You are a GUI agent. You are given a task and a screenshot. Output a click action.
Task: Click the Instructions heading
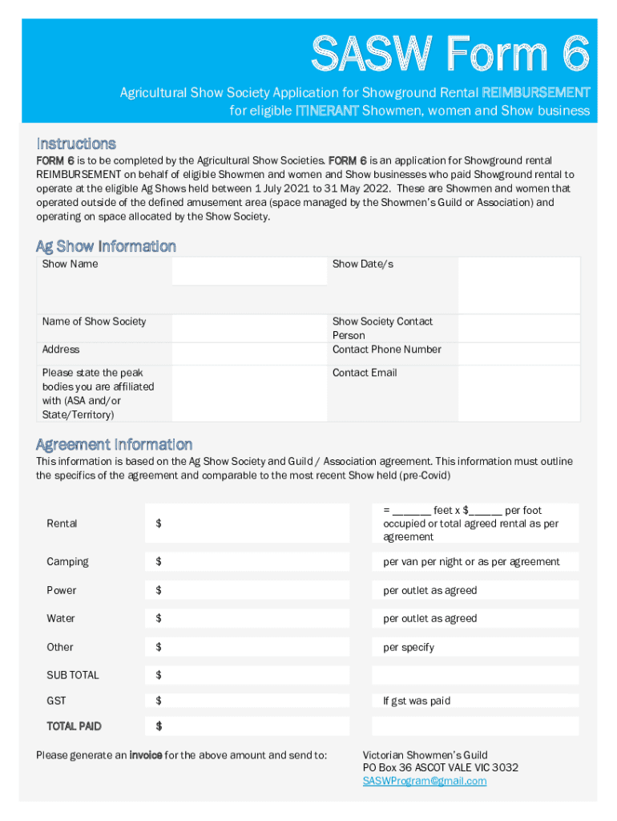pyautogui.click(x=76, y=144)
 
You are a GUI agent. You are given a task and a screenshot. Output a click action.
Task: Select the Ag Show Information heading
pyautogui.click(x=106, y=246)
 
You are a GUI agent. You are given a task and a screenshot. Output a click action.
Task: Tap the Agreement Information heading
pyautogui.click(x=114, y=444)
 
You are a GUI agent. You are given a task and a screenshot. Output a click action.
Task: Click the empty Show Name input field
pyautogui.click(x=249, y=271)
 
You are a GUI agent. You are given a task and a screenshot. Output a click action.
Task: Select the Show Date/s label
pyautogui.click(x=362, y=264)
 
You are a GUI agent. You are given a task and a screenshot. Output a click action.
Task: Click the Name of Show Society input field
pyautogui.click(x=249, y=327)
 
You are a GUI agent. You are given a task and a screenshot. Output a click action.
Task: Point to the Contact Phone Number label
pyautogui.click(x=386, y=350)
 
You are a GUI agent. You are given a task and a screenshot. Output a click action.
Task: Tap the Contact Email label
pyautogui.click(x=364, y=373)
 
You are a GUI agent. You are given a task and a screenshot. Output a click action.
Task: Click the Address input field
pyautogui.click(x=249, y=353)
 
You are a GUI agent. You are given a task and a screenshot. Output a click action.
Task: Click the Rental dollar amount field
pyautogui.click(x=248, y=524)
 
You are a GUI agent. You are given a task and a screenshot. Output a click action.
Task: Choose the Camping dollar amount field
pyautogui.click(x=248, y=562)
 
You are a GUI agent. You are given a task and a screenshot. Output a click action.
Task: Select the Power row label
pyautogui.click(x=62, y=590)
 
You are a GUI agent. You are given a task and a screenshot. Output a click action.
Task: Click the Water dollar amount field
pyautogui.click(x=248, y=619)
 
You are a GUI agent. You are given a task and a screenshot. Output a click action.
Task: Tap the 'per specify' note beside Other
pyautogui.click(x=409, y=647)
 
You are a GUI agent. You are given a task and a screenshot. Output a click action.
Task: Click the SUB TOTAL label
pyautogui.click(x=73, y=675)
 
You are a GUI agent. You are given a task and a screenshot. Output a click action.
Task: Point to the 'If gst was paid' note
pyautogui.click(x=417, y=701)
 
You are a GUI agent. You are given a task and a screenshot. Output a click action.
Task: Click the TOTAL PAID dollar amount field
pyautogui.click(x=248, y=726)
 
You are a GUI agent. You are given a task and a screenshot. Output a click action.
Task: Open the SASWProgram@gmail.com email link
pyautogui.click(x=424, y=781)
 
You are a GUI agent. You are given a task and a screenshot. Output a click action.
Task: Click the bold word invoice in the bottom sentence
pyautogui.click(x=145, y=755)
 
